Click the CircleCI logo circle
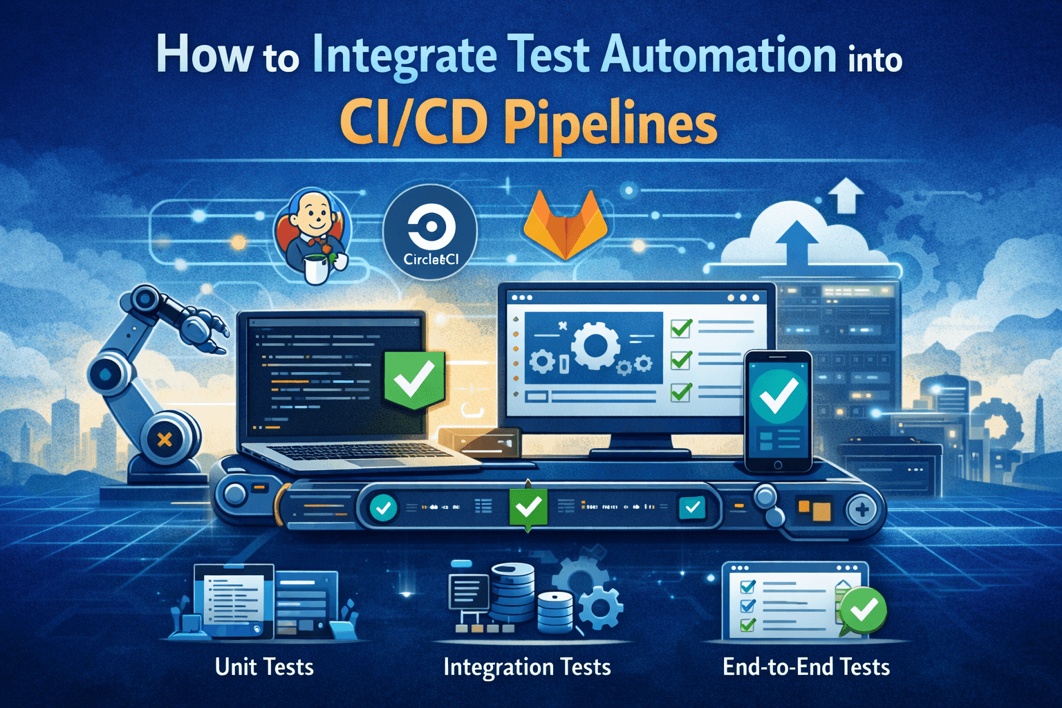tap(430, 232)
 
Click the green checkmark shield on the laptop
tap(413, 379)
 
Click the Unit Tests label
tap(264, 667)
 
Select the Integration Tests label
tap(527, 667)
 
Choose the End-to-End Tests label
tap(806, 667)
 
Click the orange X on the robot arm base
tap(165, 438)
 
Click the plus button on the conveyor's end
tap(861, 511)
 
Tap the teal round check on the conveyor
tap(382, 509)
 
